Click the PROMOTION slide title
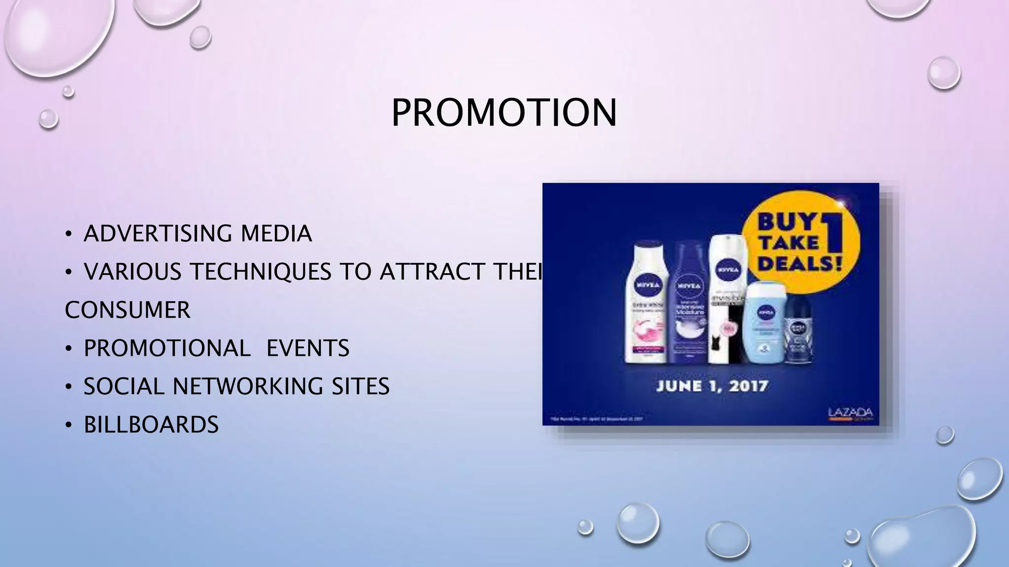pyautogui.click(x=504, y=113)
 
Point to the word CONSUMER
pyautogui.click(x=128, y=310)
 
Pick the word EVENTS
pyautogui.click(x=308, y=348)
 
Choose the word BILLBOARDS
pyautogui.click(x=151, y=425)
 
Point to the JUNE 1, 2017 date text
pyautogui.click(x=712, y=385)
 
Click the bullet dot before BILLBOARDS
pyautogui.click(x=69, y=425)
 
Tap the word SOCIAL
pyautogui.click(x=123, y=386)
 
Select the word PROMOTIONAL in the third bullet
pyautogui.click(x=167, y=348)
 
